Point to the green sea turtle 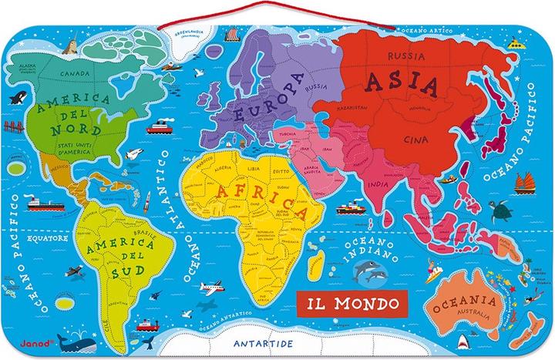(504, 210)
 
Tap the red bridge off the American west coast (15, 166)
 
